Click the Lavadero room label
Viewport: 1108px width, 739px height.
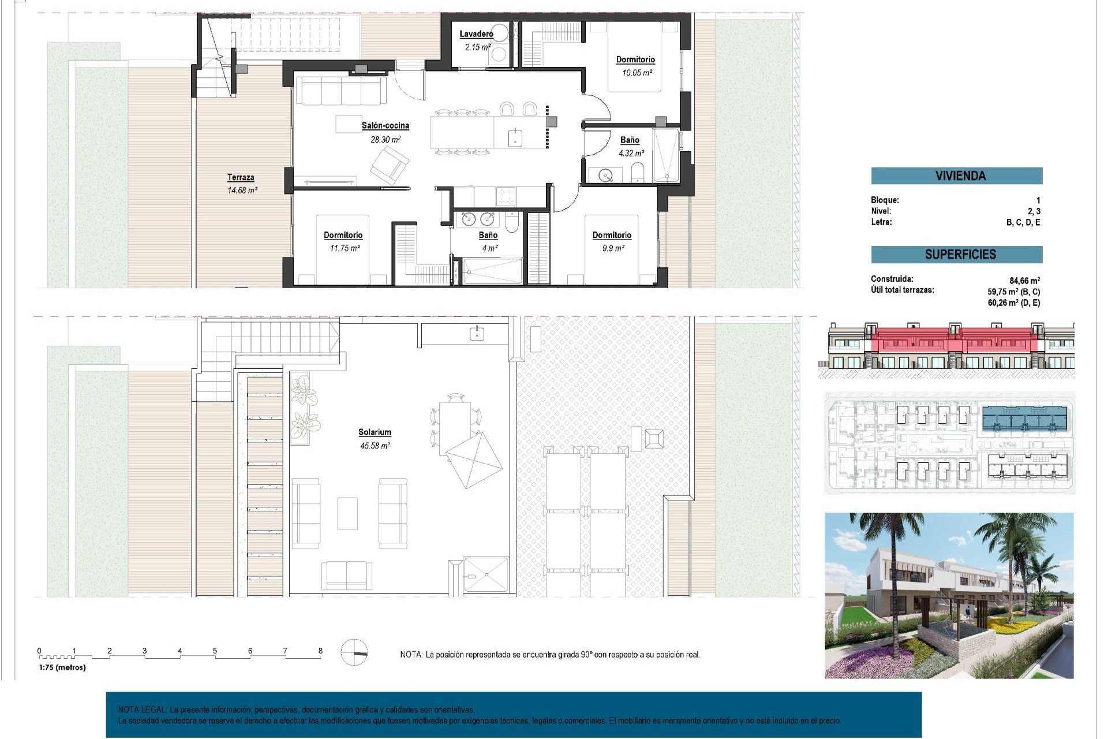tap(476, 34)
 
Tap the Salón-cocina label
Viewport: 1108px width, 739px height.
tap(385, 125)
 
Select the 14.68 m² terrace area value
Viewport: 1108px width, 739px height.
tap(242, 190)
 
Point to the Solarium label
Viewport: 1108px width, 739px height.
tap(375, 432)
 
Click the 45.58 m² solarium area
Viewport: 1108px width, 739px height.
tap(375, 446)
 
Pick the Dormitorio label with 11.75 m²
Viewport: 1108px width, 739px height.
tap(343, 235)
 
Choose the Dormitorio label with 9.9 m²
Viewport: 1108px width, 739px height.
tap(612, 235)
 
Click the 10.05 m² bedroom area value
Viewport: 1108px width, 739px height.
tap(637, 73)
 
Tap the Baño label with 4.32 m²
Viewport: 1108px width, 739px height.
tap(630, 140)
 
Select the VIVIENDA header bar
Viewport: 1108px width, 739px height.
tap(956, 176)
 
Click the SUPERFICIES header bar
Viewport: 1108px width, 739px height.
tap(956, 254)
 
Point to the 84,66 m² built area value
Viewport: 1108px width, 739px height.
tap(1024, 281)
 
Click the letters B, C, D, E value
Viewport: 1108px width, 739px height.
tap(1023, 222)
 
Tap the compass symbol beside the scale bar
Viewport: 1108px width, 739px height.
tap(354, 652)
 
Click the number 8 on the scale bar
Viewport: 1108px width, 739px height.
tap(320, 651)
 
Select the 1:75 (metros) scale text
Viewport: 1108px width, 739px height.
tap(62, 667)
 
